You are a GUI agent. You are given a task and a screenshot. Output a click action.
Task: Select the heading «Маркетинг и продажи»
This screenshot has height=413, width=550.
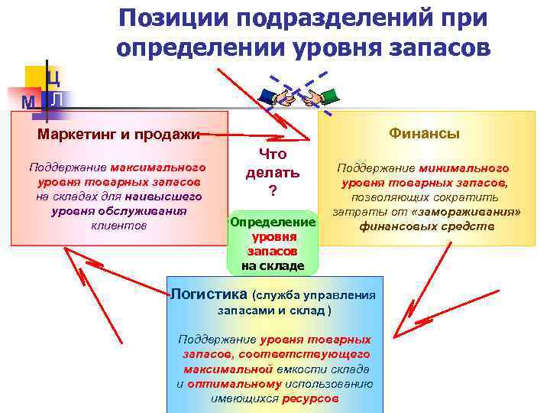click(118, 135)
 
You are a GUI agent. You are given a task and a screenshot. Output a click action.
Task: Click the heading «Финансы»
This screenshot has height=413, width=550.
click(424, 133)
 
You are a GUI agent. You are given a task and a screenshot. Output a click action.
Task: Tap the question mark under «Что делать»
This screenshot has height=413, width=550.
click(271, 190)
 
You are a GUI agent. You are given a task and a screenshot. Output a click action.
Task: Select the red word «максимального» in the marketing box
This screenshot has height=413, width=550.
click(158, 167)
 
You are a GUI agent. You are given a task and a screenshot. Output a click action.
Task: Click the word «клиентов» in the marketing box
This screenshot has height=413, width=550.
click(118, 226)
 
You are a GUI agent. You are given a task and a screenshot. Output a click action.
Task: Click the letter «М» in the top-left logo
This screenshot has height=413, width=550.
click(29, 102)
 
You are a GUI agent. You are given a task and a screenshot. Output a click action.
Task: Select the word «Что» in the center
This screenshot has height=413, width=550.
click(272, 154)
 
